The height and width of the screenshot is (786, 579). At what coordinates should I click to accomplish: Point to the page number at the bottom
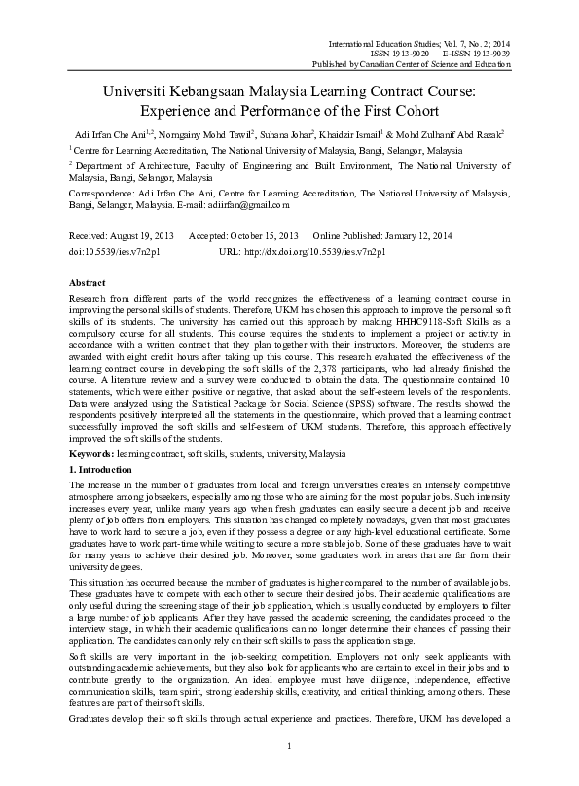(x=289, y=773)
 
